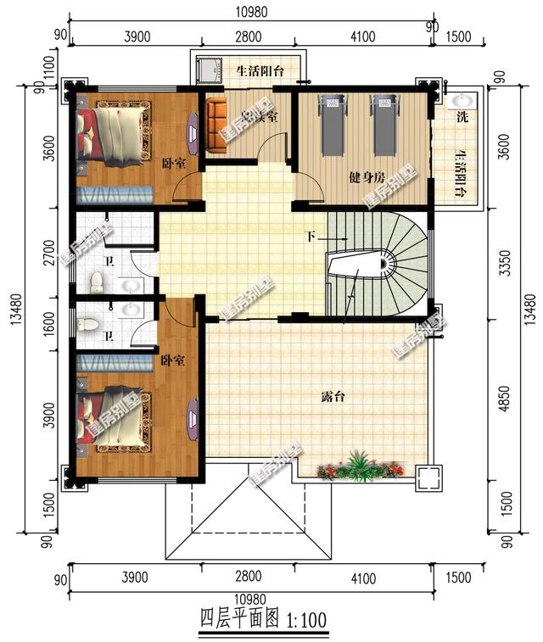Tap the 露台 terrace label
(x=333, y=397)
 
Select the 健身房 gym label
(x=367, y=178)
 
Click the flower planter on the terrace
(x=360, y=467)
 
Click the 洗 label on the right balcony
(x=462, y=117)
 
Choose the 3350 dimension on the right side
(x=506, y=262)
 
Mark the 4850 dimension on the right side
(x=506, y=397)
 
